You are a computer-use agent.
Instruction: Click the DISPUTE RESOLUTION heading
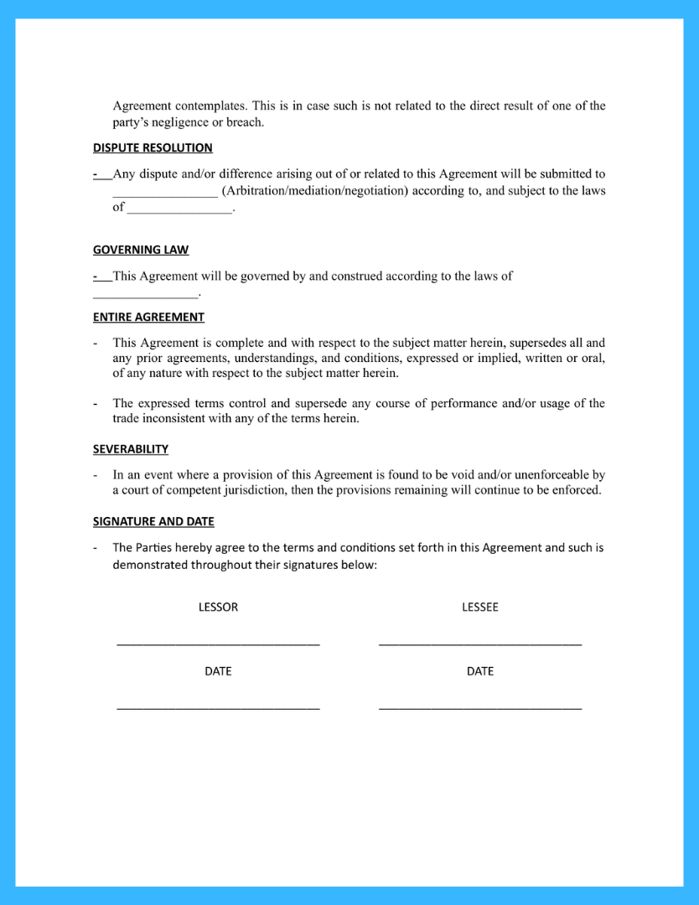tap(153, 148)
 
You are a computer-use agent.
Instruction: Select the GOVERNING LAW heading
tap(141, 250)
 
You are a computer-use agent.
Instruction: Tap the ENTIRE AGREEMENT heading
tap(148, 318)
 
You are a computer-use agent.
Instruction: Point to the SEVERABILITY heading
tap(131, 449)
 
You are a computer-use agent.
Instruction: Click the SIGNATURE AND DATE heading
tap(153, 521)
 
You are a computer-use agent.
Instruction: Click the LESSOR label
tap(218, 607)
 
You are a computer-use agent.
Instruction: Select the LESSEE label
tap(480, 607)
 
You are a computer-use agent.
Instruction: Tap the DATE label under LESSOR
tap(218, 671)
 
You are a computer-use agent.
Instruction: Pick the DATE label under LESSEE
tap(480, 671)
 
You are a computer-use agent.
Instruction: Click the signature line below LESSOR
tap(218, 644)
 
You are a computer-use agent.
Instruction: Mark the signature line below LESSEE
tap(480, 644)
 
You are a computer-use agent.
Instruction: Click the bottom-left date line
tap(218, 709)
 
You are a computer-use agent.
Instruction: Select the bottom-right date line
tap(480, 709)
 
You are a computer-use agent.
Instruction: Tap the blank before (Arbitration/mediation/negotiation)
tap(165, 195)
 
